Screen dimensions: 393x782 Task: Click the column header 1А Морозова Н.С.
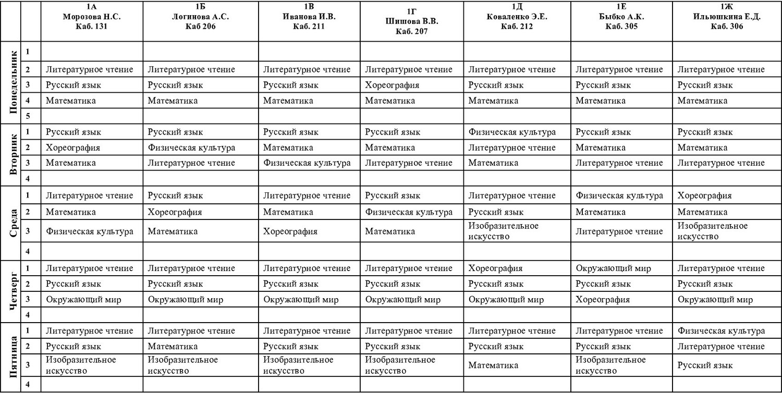pyautogui.click(x=92, y=17)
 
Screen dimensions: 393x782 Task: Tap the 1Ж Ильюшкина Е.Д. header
pyautogui.click(x=727, y=17)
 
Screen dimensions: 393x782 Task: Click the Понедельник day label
pyautogui.click(x=15, y=82)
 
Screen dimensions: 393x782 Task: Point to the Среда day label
pyautogui.click(x=15, y=223)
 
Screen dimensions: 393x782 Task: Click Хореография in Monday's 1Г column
pyautogui.click(x=392, y=85)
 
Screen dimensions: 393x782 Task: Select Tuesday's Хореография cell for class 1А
pyautogui.click(x=73, y=148)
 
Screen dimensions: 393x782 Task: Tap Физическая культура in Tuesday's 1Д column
pyautogui.click(x=512, y=132)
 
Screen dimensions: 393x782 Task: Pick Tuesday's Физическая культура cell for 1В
pyautogui.click(x=307, y=163)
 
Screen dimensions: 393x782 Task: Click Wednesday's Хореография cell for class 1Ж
pyautogui.click(x=704, y=196)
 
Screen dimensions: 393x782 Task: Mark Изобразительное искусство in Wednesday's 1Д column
pyautogui.click(x=503, y=231)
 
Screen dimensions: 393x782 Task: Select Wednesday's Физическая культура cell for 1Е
pyautogui.click(x=619, y=196)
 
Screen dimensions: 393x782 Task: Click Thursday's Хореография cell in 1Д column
pyautogui.click(x=495, y=268)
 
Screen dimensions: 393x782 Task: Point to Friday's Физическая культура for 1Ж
pyautogui.click(x=721, y=331)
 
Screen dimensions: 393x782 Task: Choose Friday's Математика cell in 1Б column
pyautogui.click(x=173, y=347)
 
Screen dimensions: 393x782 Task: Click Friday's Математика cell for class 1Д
pyautogui.click(x=493, y=365)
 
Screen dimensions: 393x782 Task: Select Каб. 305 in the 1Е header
pyautogui.click(x=621, y=27)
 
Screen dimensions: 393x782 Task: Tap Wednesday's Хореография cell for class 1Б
pyautogui.click(x=175, y=212)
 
